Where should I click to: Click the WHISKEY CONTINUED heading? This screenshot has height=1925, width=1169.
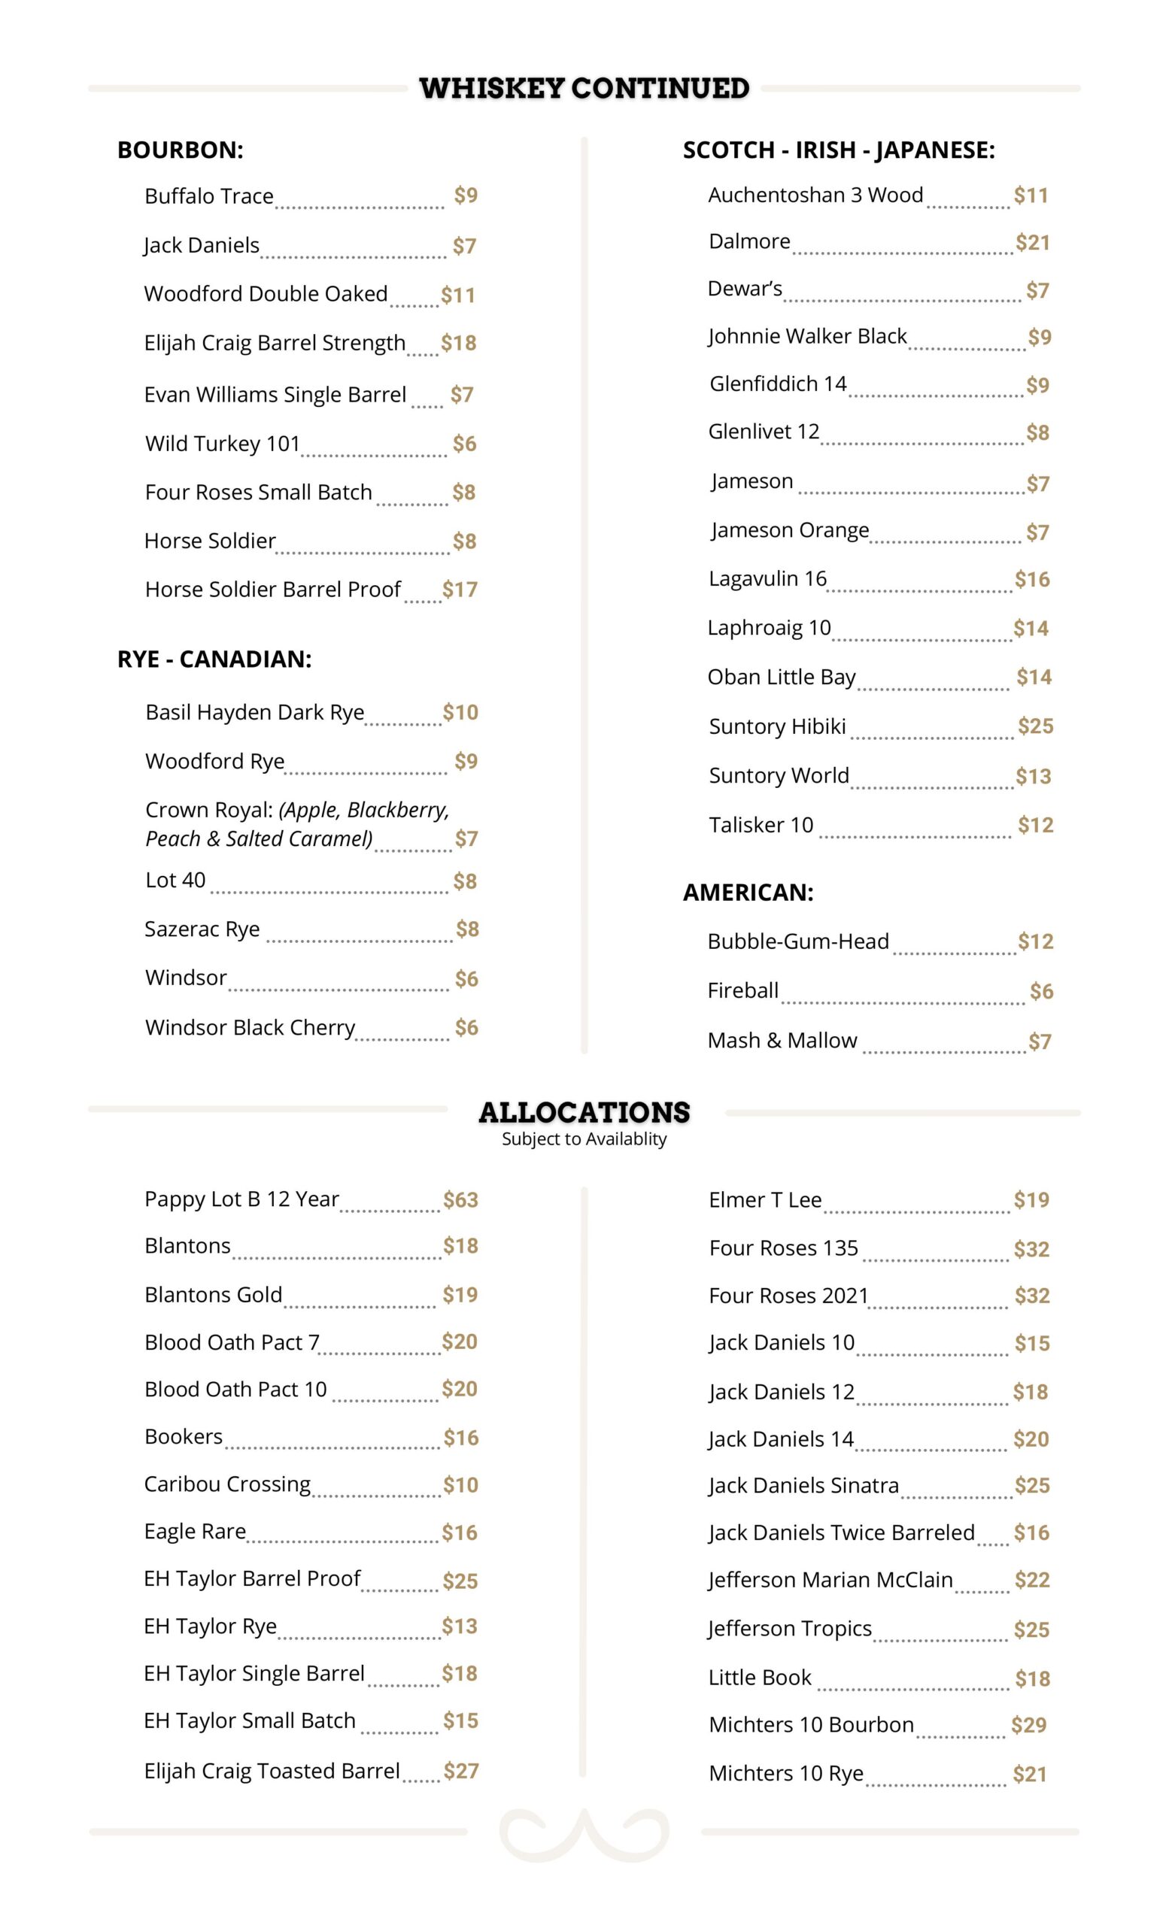(584, 88)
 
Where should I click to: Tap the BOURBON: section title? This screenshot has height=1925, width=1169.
(180, 150)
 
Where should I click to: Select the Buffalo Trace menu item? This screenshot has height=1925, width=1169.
(208, 196)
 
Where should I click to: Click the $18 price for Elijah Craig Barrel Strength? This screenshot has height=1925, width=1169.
(458, 343)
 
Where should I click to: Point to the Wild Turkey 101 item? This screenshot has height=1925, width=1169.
(223, 444)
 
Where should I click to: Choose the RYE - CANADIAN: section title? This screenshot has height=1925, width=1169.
(214, 659)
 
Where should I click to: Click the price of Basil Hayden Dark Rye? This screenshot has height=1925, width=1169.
(460, 713)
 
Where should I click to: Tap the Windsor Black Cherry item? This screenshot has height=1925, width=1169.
(250, 1027)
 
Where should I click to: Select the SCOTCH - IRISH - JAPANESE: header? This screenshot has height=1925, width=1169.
(839, 150)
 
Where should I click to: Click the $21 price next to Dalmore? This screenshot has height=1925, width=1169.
(1031, 242)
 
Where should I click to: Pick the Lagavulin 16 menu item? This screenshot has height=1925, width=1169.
(767, 579)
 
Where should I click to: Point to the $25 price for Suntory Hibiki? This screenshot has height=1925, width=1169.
(1034, 726)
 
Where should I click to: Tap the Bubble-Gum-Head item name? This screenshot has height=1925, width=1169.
(798, 941)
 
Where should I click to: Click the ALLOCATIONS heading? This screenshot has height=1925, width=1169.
(584, 1111)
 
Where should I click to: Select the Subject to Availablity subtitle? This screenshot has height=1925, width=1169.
(584, 1139)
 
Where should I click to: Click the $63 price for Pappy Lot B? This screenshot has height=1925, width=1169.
(460, 1199)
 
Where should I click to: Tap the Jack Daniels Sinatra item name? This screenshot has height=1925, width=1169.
(803, 1485)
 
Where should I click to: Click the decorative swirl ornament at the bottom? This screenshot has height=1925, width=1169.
(584, 1833)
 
